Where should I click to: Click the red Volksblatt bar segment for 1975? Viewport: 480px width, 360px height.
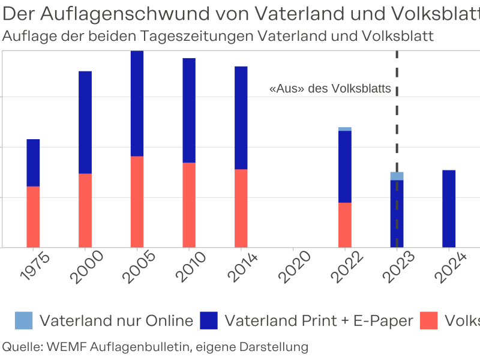tap(33, 217)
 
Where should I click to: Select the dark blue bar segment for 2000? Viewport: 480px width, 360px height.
tap(85, 122)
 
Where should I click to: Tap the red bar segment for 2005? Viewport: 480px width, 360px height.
tap(137, 202)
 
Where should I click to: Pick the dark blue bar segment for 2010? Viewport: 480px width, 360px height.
tap(189, 110)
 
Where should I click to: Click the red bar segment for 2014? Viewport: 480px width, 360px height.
tap(241, 208)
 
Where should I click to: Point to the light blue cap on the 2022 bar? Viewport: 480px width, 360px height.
tap(344, 129)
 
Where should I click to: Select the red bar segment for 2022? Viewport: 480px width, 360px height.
tap(344, 225)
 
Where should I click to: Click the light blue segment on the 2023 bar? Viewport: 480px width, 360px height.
tap(397, 176)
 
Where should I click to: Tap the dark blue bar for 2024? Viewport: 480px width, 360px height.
tap(449, 209)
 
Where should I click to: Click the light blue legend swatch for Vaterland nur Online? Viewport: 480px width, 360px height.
tap(24, 321)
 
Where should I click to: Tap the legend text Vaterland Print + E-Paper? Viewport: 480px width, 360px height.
tap(319, 321)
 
